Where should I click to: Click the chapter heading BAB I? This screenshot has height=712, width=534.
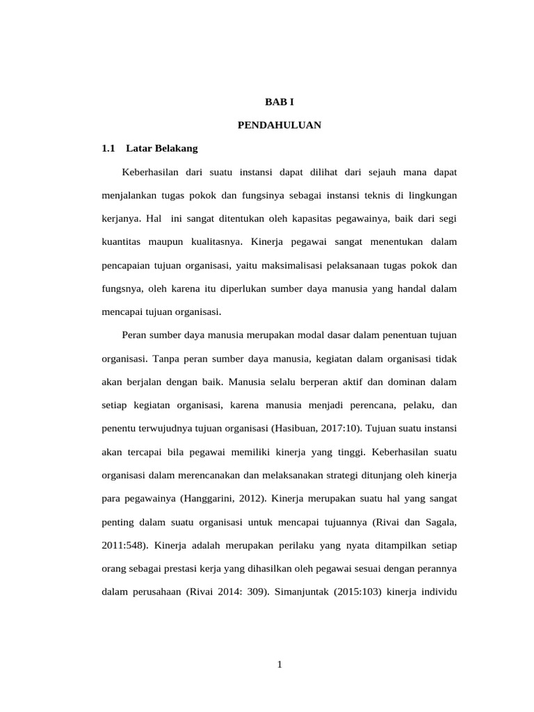coord(280,102)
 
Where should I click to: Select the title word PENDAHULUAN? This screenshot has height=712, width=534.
coord(279,125)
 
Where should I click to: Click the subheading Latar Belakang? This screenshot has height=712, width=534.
coord(162,148)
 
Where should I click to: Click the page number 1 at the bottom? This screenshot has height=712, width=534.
coord(279,665)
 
